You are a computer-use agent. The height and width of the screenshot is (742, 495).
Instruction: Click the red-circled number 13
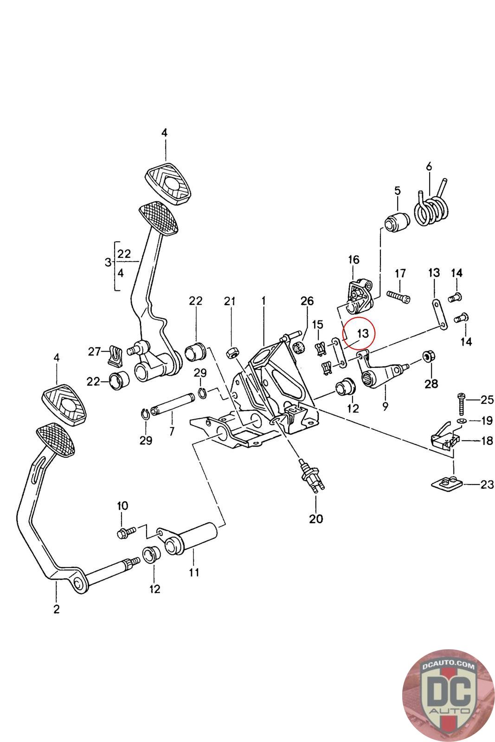point(362,333)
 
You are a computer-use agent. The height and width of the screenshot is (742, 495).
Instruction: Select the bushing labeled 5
point(397,222)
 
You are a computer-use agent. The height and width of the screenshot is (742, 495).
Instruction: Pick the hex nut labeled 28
point(429,357)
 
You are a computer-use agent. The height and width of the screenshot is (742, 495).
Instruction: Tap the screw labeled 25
point(462,404)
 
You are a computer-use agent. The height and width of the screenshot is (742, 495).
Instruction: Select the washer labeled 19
point(462,421)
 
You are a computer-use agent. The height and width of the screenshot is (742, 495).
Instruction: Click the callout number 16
point(354,259)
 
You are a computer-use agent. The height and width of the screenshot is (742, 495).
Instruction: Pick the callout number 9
point(385,406)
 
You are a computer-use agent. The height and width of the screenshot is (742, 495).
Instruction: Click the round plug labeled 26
point(299,347)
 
